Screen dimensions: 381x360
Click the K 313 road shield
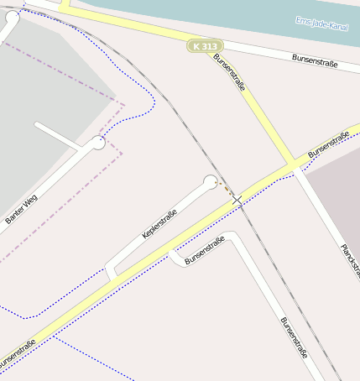pos(205,46)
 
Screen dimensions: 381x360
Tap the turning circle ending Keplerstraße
pos(211,181)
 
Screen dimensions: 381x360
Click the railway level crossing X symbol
pos(237,201)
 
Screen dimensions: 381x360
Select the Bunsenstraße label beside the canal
pos(315,60)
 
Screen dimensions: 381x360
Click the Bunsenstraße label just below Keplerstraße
pos(205,250)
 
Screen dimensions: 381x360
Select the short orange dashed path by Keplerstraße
pos(227,190)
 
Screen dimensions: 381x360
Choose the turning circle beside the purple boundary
pos(98,143)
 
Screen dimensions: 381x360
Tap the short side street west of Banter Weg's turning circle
pos(59,133)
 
